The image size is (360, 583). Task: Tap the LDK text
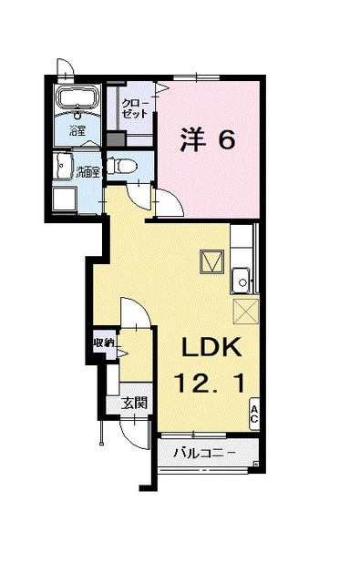tap(212, 347)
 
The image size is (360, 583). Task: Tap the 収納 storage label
tap(102, 343)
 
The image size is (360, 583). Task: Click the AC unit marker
tap(254, 414)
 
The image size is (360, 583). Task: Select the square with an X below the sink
tap(245, 310)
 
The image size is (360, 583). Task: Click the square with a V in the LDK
tap(211, 261)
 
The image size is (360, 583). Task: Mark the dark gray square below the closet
tap(115, 140)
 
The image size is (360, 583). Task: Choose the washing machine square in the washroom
tap(64, 199)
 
